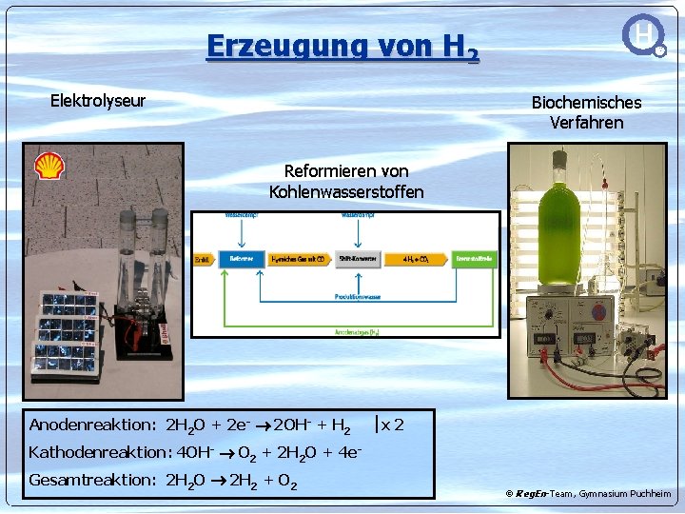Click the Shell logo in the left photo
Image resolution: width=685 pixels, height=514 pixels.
(49, 166)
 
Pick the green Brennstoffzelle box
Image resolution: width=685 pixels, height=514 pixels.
(474, 258)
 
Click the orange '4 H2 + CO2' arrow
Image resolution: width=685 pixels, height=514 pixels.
(416, 258)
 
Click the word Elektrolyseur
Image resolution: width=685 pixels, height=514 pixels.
(97, 101)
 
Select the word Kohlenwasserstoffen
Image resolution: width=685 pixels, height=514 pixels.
(346, 192)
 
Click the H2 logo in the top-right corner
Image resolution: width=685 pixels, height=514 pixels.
(644, 35)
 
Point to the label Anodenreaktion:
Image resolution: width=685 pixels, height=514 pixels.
(92, 425)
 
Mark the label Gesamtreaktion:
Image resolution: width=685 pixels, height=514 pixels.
(92, 480)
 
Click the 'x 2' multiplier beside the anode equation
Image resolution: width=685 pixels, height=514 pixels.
(391, 425)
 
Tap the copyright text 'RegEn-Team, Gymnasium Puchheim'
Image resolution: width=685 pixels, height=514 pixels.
(594, 494)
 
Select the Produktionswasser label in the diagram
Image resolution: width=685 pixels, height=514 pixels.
(358, 296)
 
